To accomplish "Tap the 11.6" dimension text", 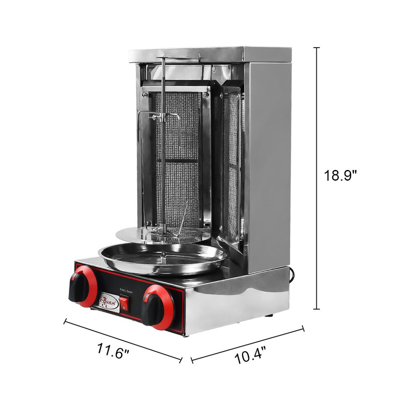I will (113, 351).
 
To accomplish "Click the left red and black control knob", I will (82, 286).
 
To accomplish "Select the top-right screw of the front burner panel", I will (206, 95).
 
